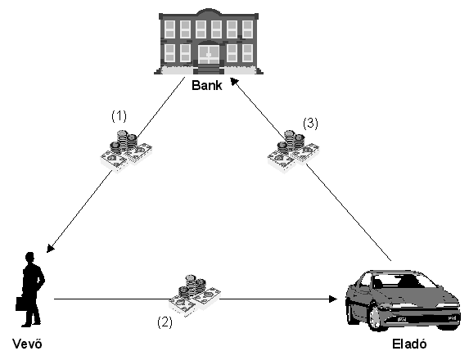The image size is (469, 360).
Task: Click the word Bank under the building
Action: click(x=207, y=85)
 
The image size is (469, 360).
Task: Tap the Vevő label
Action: click(x=27, y=344)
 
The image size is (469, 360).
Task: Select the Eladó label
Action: click(x=409, y=344)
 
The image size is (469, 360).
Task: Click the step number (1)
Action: click(x=119, y=115)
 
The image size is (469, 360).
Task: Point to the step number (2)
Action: click(x=165, y=322)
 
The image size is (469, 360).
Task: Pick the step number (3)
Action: click(x=310, y=123)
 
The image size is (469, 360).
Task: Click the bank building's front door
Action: click(x=209, y=54)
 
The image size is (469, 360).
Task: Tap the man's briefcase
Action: click(x=21, y=304)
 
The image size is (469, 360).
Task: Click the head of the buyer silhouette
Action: click(x=30, y=257)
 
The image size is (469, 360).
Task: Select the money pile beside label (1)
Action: click(x=126, y=151)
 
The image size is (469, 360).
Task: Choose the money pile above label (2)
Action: click(x=195, y=295)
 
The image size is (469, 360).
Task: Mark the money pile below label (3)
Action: click(x=293, y=151)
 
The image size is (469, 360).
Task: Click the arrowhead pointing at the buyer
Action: click(x=51, y=248)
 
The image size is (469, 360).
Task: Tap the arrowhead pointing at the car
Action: click(x=333, y=299)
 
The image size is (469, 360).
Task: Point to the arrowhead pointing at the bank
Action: click(x=234, y=82)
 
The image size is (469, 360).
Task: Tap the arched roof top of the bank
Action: click(x=209, y=12)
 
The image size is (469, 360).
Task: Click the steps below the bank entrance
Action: click(x=209, y=70)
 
